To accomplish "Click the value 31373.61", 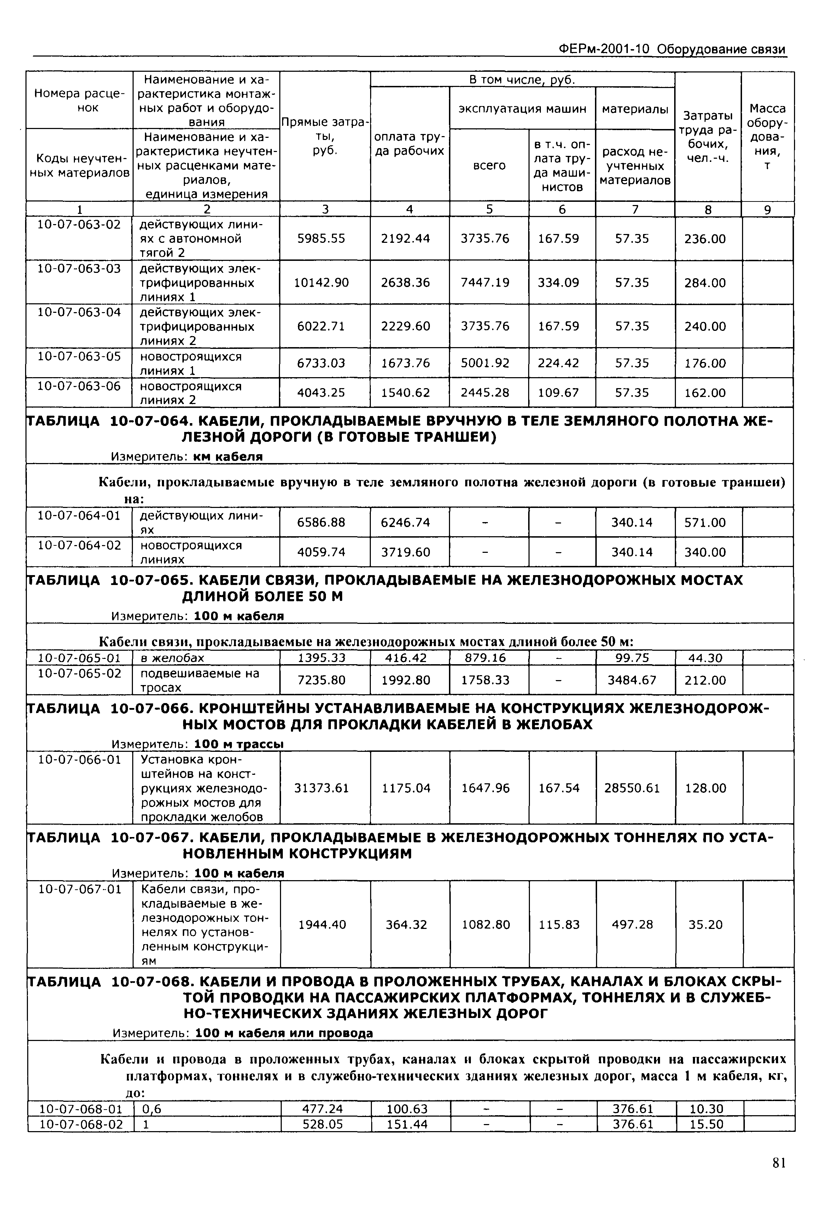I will pyautogui.click(x=321, y=788).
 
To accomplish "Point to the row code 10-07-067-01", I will pyautogui.click(x=80, y=889).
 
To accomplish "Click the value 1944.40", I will pyautogui.click(x=322, y=924).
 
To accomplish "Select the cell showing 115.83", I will pyautogui.click(x=559, y=924).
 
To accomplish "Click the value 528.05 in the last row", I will pyautogui.click(x=323, y=1124).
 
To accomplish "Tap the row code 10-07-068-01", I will pyautogui.click(x=81, y=1108).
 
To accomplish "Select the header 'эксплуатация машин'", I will pyautogui.click(x=522, y=109).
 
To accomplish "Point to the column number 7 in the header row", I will pyautogui.click(x=635, y=209).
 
